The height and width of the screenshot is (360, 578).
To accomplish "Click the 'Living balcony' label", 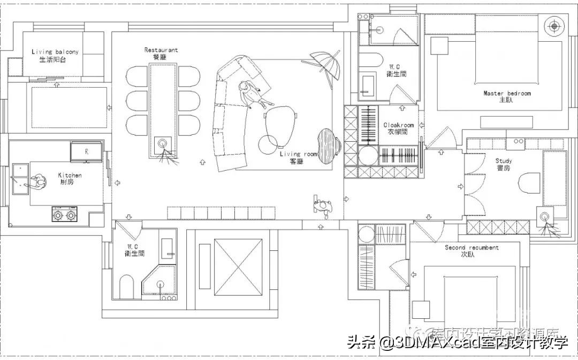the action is [55, 52].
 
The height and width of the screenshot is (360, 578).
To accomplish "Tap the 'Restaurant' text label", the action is [161, 50].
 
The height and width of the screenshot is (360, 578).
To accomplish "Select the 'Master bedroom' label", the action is [507, 93].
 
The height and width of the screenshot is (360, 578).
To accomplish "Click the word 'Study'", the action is [503, 161].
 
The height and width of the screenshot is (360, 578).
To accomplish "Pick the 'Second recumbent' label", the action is [471, 248].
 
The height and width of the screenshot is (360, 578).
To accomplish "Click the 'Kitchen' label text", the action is [70, 175].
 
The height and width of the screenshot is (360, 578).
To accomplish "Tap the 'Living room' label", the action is [298, 154].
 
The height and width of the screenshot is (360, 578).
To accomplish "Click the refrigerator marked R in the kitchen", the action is [86, 151].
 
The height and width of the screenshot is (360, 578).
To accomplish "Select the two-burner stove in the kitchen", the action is [65, 215].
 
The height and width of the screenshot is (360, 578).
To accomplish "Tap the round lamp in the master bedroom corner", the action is [554, 25].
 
